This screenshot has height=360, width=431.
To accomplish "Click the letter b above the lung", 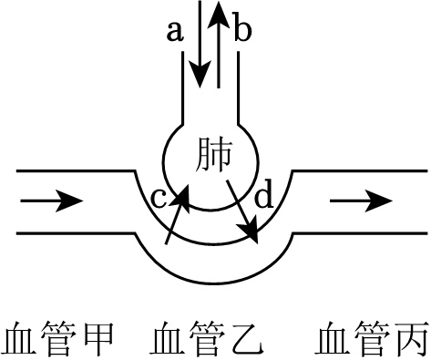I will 241,31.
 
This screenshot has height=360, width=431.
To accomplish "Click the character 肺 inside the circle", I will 215,156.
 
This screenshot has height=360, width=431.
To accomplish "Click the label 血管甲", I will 59,338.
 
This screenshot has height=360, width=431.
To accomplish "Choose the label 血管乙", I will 210,338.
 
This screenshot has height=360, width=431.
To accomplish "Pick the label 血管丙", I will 371,338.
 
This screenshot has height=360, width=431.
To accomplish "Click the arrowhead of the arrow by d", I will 254,236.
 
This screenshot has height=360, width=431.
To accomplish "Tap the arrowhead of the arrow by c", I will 187,190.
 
